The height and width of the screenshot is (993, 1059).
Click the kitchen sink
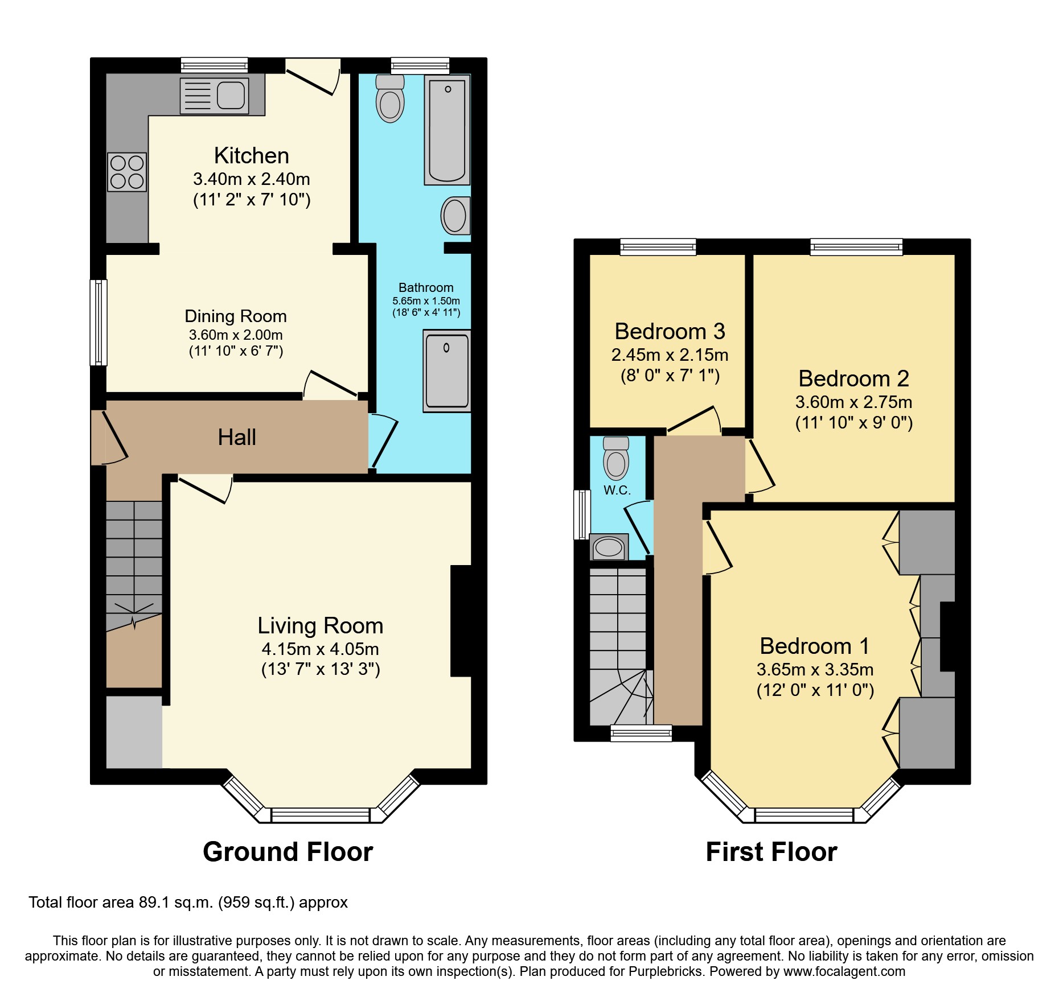click(x=215, y=96)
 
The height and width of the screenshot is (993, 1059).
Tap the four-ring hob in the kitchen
click(x=127, y=172)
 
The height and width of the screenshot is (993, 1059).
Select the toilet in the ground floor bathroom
click(x=390, y=100)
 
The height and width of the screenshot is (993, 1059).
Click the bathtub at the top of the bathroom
click(x=447, y=130)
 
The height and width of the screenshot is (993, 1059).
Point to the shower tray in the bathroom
click(x=447, y=370)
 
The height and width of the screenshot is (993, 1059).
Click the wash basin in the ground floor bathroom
click(x=455, y=216)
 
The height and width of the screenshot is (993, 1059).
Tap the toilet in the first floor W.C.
click(x=616, y=459)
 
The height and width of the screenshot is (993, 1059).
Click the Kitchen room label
click(x=251, y=155)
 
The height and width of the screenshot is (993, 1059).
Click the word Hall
click(x=237, y=437)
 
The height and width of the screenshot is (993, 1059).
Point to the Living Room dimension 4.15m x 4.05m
click(x=320, y=649)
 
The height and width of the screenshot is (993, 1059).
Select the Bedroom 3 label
click(x=670, y=331)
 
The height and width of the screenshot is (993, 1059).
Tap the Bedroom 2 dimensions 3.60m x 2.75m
click(x=853, y=402)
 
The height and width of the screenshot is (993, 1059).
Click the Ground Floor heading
click(x=288, y=852)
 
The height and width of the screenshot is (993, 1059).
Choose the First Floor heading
click(x=771, y=852)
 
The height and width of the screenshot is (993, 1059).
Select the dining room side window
click(x=99, y=322)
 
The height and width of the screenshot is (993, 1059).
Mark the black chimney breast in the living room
click(x=462, y=620)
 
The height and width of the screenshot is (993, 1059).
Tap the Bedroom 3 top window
click(x=658, y=247)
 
